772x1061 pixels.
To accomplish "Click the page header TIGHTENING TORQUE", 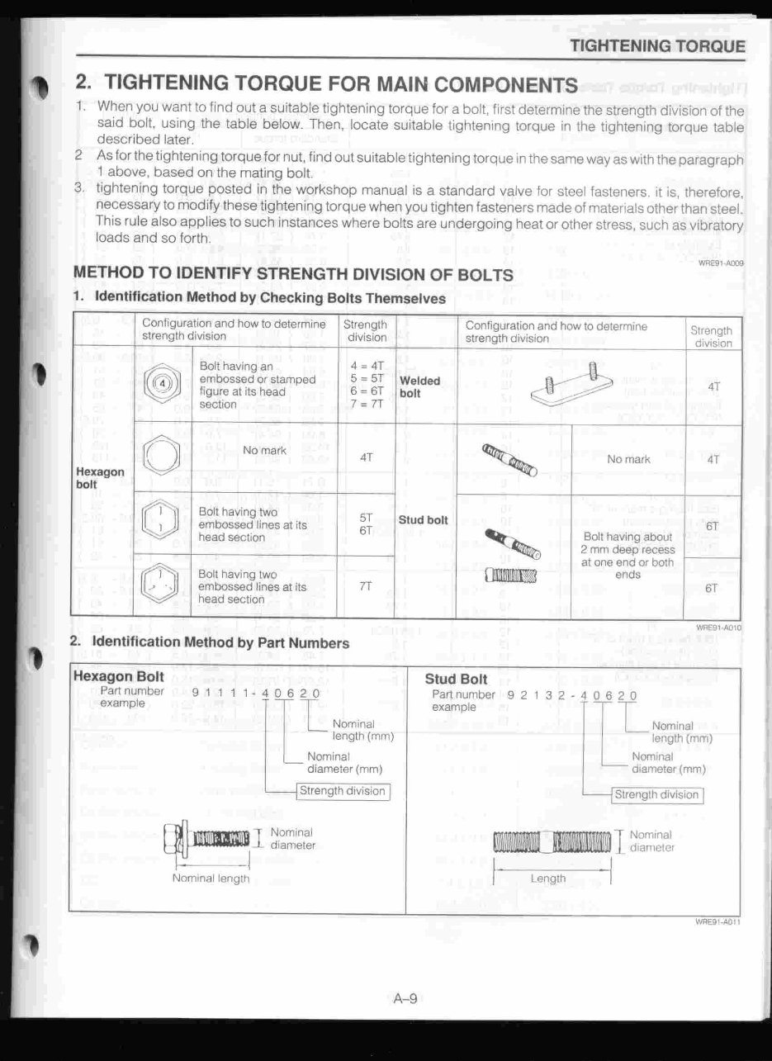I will [x=658, y=46].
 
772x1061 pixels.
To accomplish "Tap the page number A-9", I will [x=405, y=999].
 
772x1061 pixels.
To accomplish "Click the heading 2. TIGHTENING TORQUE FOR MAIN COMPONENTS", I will [x=326, y=83].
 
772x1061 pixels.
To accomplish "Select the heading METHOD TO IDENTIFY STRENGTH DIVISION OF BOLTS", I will [x=293, y=274].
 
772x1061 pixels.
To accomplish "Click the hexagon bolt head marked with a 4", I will [x=163, y=385].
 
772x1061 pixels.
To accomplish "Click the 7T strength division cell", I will [x=366, y=585].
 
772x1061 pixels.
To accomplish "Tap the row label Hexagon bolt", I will [x=100, y=477].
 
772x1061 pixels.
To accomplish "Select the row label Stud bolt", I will [x=423, y=520].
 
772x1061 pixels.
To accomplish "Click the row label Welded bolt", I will [x=419, y=387].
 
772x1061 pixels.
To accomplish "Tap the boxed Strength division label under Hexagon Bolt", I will [x=343, y=791].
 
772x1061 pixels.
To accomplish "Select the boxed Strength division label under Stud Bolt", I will [x=657, y=795].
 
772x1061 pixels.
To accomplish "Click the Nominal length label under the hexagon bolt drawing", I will [x=211, y=879].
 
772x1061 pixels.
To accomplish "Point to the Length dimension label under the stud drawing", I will [x=547, y=879].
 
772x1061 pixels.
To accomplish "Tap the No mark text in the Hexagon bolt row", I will [x=264, y=451].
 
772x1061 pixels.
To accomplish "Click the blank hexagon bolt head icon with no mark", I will [x=161, y=456].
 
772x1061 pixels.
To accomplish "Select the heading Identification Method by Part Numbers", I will [x=220, y=642].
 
